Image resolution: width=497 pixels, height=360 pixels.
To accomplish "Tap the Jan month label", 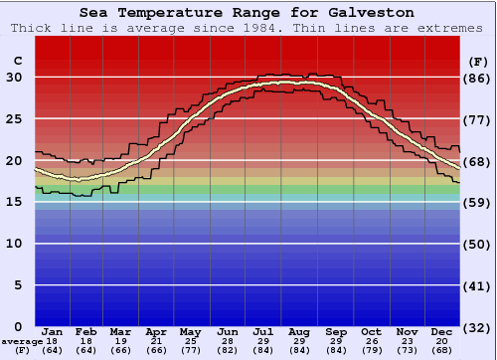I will click(53, 331).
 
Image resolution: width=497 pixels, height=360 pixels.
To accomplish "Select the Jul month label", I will click(263, 331).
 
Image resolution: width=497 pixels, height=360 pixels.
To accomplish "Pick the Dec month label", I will click(442, 331).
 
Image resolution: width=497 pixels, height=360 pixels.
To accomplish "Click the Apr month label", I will click(156, 331).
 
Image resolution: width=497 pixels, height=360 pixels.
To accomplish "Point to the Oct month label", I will click(371, 331).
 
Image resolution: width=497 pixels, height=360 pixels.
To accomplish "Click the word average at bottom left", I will click(22, 341).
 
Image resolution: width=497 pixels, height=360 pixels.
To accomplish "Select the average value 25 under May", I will click(192, 341).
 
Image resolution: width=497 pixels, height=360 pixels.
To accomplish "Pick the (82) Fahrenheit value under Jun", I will click(228, 350).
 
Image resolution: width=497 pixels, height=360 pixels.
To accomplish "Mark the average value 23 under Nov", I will click(407, 341).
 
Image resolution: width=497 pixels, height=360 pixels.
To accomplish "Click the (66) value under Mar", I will click(120, 350).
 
